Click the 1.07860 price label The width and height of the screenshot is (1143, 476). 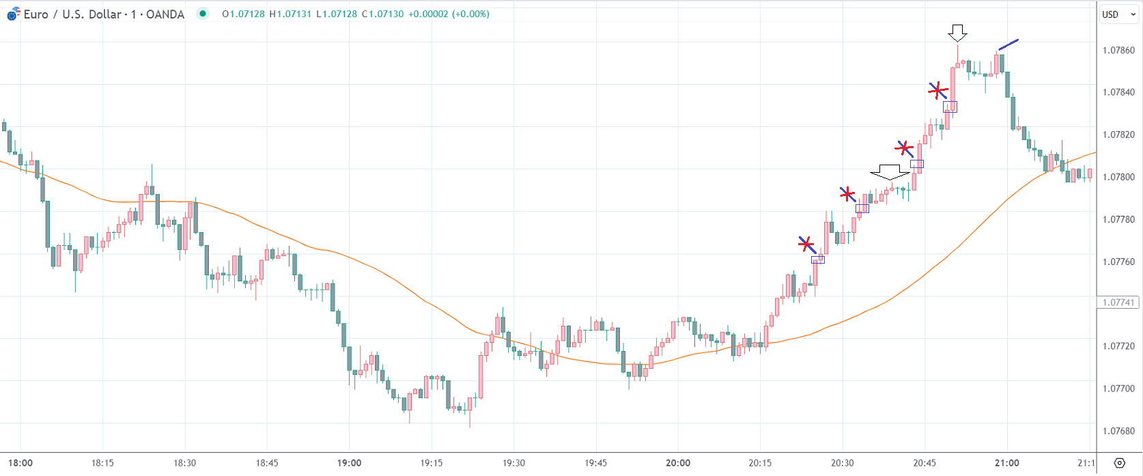point(1118,51)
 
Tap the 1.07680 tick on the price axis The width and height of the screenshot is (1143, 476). point(1118,431)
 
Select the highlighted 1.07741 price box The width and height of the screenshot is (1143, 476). point(1118,303)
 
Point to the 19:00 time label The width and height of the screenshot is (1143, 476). point(349,463)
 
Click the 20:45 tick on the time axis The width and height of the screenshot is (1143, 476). point(925,463)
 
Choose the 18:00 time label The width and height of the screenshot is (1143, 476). point(20,463)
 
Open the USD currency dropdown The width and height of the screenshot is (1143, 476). point(1118,14)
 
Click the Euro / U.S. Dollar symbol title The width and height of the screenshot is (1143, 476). point(72,14)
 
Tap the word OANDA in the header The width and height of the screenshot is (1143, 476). point(165,14)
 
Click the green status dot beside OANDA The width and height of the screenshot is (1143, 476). point(203,14)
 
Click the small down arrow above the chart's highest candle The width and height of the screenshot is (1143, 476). point(958,32)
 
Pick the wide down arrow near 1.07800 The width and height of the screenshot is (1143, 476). point(890,172)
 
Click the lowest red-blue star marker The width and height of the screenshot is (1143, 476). point(806,244)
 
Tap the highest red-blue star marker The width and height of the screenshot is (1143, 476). point(938,90)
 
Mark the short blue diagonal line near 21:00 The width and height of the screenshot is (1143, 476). point(1008,44)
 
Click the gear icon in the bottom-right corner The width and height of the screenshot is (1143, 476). point(1119,463)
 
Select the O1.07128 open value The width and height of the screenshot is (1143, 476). point(244,14)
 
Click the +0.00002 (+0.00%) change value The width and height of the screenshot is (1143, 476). point(449,14)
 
